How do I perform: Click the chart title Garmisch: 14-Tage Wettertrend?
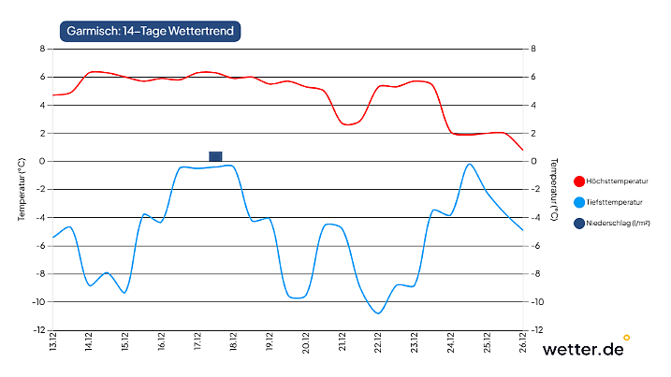coord(151,31)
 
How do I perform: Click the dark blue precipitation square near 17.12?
coord(215,156)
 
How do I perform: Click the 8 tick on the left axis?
coord(42,49)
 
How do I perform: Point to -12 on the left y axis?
coord(39,330)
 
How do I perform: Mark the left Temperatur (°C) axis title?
coord(22,188)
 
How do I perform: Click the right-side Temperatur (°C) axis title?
coord(554,188)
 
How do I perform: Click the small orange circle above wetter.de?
coord(626,337)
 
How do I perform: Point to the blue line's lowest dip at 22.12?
coord(378,312)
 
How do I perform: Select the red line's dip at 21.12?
coord(349,123)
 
